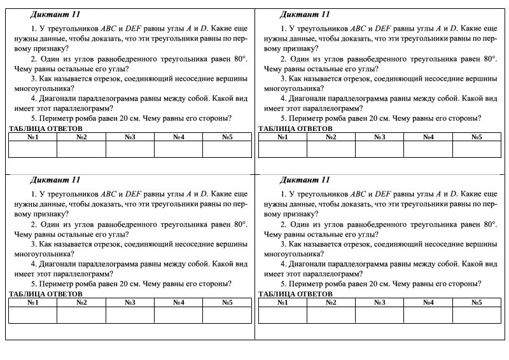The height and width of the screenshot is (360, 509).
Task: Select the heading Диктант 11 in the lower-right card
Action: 304,179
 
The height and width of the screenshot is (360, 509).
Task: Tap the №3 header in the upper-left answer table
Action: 130,137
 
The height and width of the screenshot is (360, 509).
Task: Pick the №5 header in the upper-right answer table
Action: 477,137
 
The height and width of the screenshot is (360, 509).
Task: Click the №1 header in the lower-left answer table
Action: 33,302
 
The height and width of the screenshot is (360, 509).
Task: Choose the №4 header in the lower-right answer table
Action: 428,302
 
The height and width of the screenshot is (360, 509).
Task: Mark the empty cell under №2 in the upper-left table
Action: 81,149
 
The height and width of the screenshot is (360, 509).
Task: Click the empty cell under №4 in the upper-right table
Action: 428,149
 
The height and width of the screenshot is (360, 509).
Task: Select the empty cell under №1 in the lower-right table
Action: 282,315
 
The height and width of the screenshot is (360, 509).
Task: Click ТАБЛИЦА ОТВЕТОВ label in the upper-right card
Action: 295,128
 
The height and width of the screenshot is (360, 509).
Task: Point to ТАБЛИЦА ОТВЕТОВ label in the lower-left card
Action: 45,294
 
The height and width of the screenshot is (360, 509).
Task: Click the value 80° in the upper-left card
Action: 237,58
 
